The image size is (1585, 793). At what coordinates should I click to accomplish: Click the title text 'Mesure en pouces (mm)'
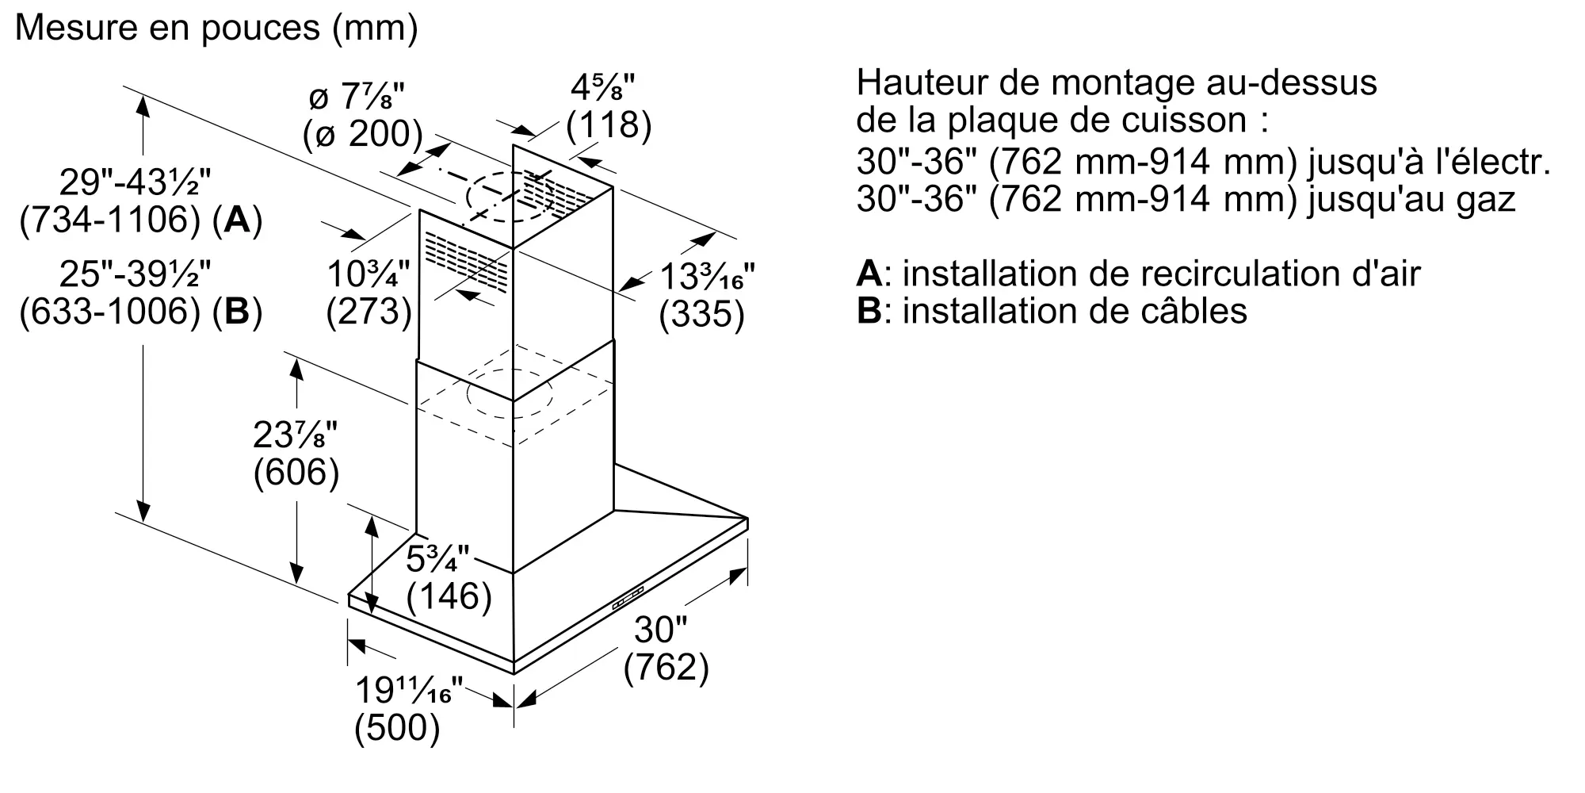tap(216, 29)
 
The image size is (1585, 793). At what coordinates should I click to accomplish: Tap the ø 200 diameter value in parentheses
tap(362, 134)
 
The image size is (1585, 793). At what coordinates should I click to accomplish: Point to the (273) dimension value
tap(369, 312)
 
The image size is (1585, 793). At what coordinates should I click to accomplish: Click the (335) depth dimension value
tap(702, 315)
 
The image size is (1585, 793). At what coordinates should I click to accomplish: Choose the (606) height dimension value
tap(296, 473)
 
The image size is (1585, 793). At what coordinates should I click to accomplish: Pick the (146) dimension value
tap(449, 596)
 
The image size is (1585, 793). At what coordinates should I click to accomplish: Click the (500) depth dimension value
tap(397, 728)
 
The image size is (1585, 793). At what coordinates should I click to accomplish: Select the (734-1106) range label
tap(110, 220)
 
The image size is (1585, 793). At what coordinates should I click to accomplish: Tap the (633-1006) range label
tap(110, 312)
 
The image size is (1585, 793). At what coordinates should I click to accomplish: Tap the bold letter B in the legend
tap(869, 311)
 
